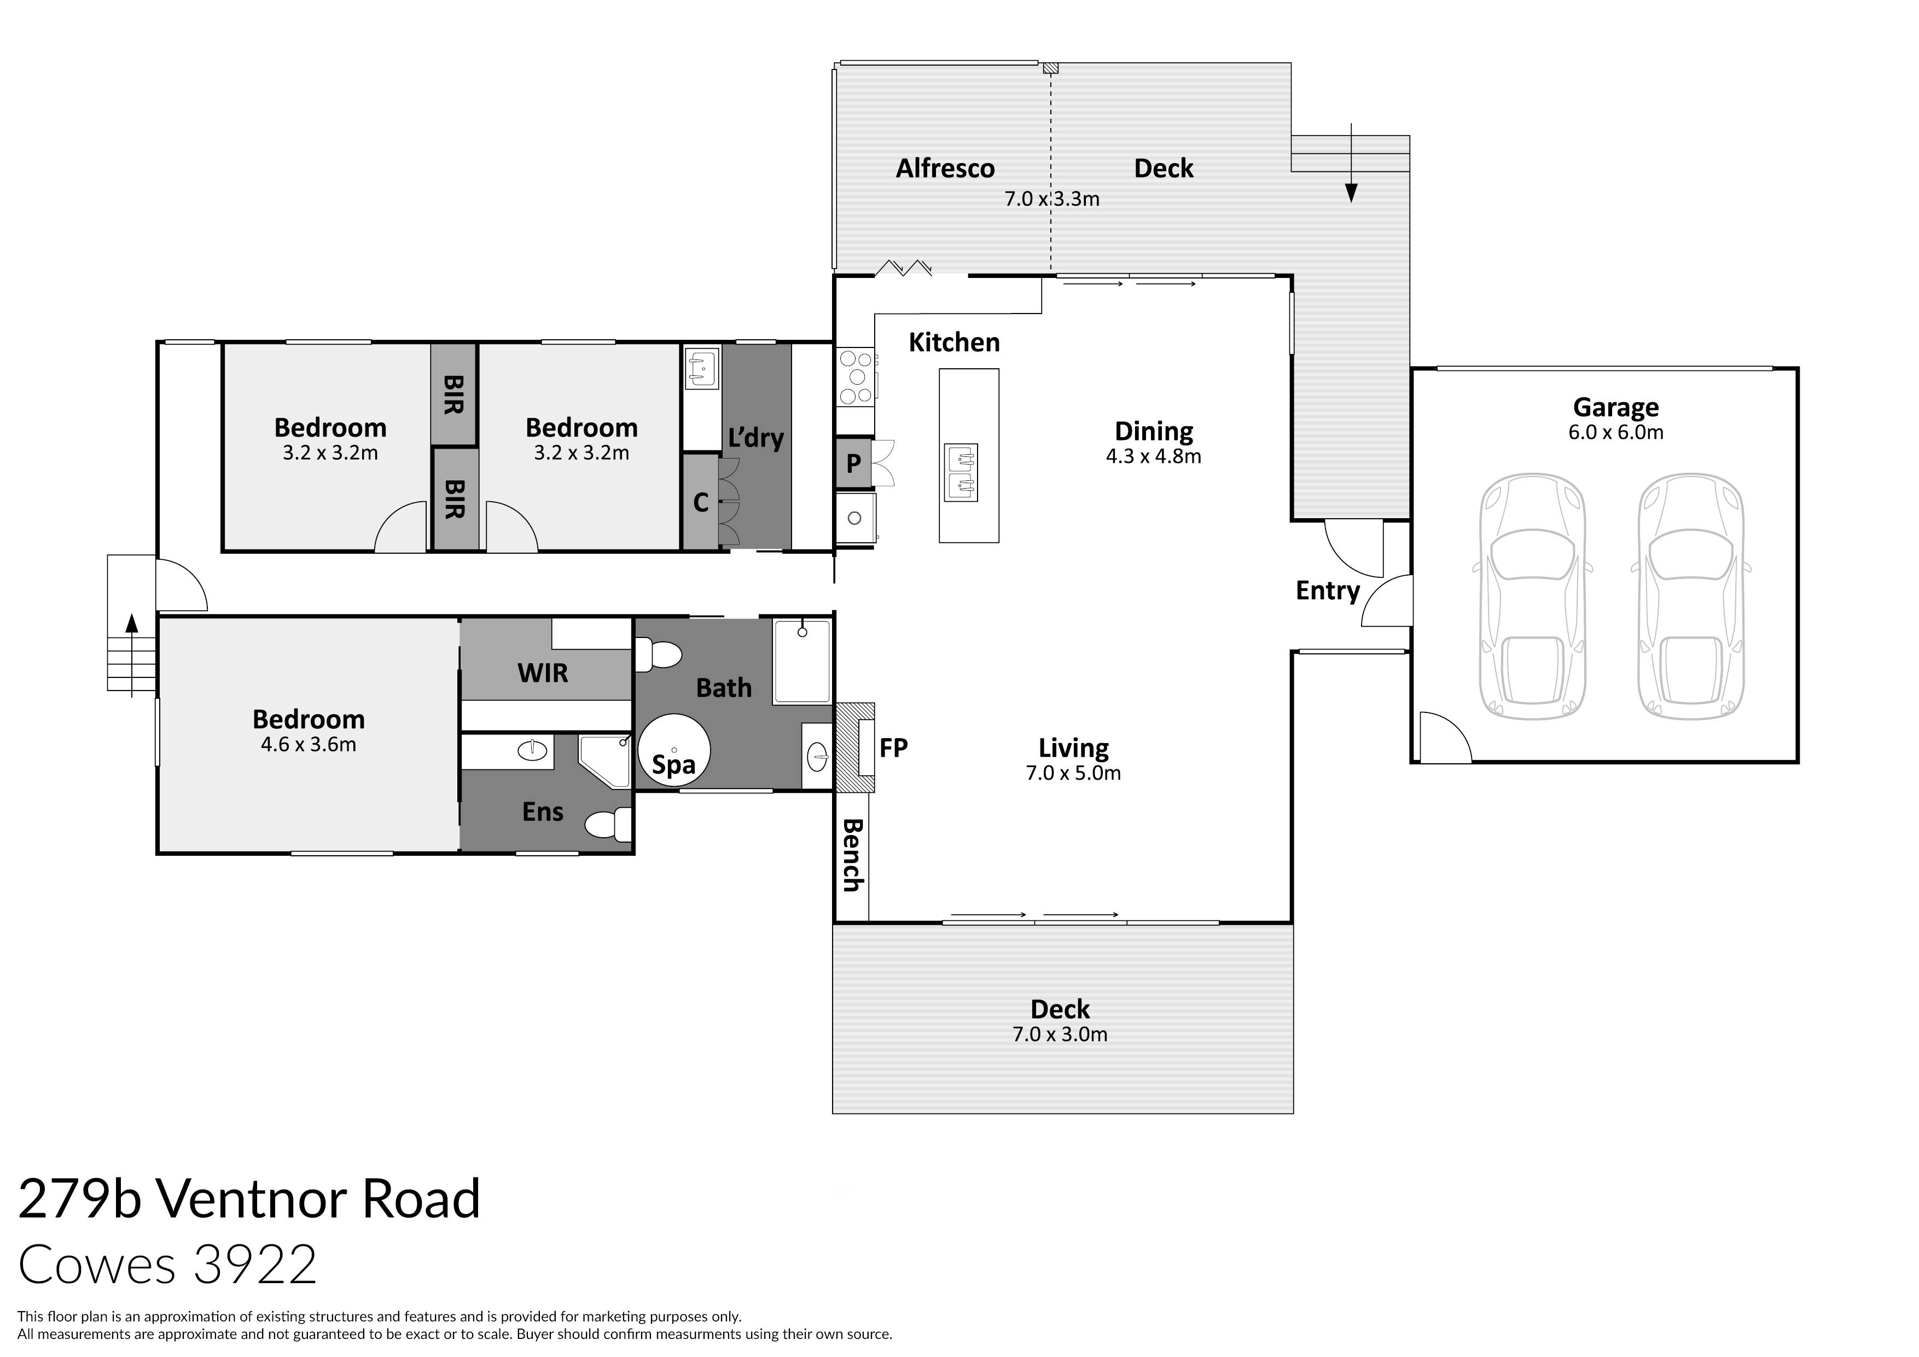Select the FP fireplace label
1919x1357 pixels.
pos(893,747)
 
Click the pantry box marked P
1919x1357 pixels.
pos(852,462)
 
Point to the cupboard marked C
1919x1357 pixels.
pos(700,502)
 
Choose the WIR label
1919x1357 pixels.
pos(543,672)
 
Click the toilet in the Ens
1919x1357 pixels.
pos(608,825)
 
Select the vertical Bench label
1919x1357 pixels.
pos(852,855)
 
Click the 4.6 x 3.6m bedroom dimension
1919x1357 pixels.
pos(309,744)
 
